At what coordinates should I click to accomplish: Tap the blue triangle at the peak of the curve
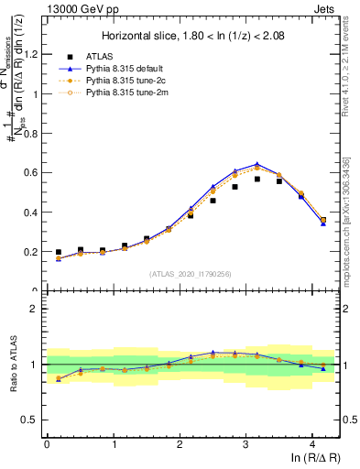tap(256, 164)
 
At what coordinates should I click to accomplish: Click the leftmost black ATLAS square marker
tap(59, 252)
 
